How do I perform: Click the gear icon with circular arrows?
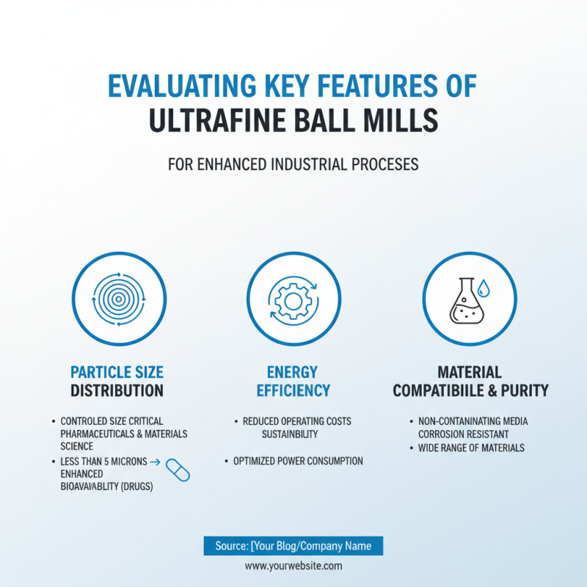293,299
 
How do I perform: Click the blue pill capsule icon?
178,470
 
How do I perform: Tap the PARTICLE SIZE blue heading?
117,371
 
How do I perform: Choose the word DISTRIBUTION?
117,390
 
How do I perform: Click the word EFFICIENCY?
293,390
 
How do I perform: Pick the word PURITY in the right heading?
522,390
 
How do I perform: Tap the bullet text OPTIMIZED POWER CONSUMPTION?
298,462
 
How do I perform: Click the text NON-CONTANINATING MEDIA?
473,422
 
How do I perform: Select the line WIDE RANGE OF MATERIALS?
471,448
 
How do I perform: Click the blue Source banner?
293,546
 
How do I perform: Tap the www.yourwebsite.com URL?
293,566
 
